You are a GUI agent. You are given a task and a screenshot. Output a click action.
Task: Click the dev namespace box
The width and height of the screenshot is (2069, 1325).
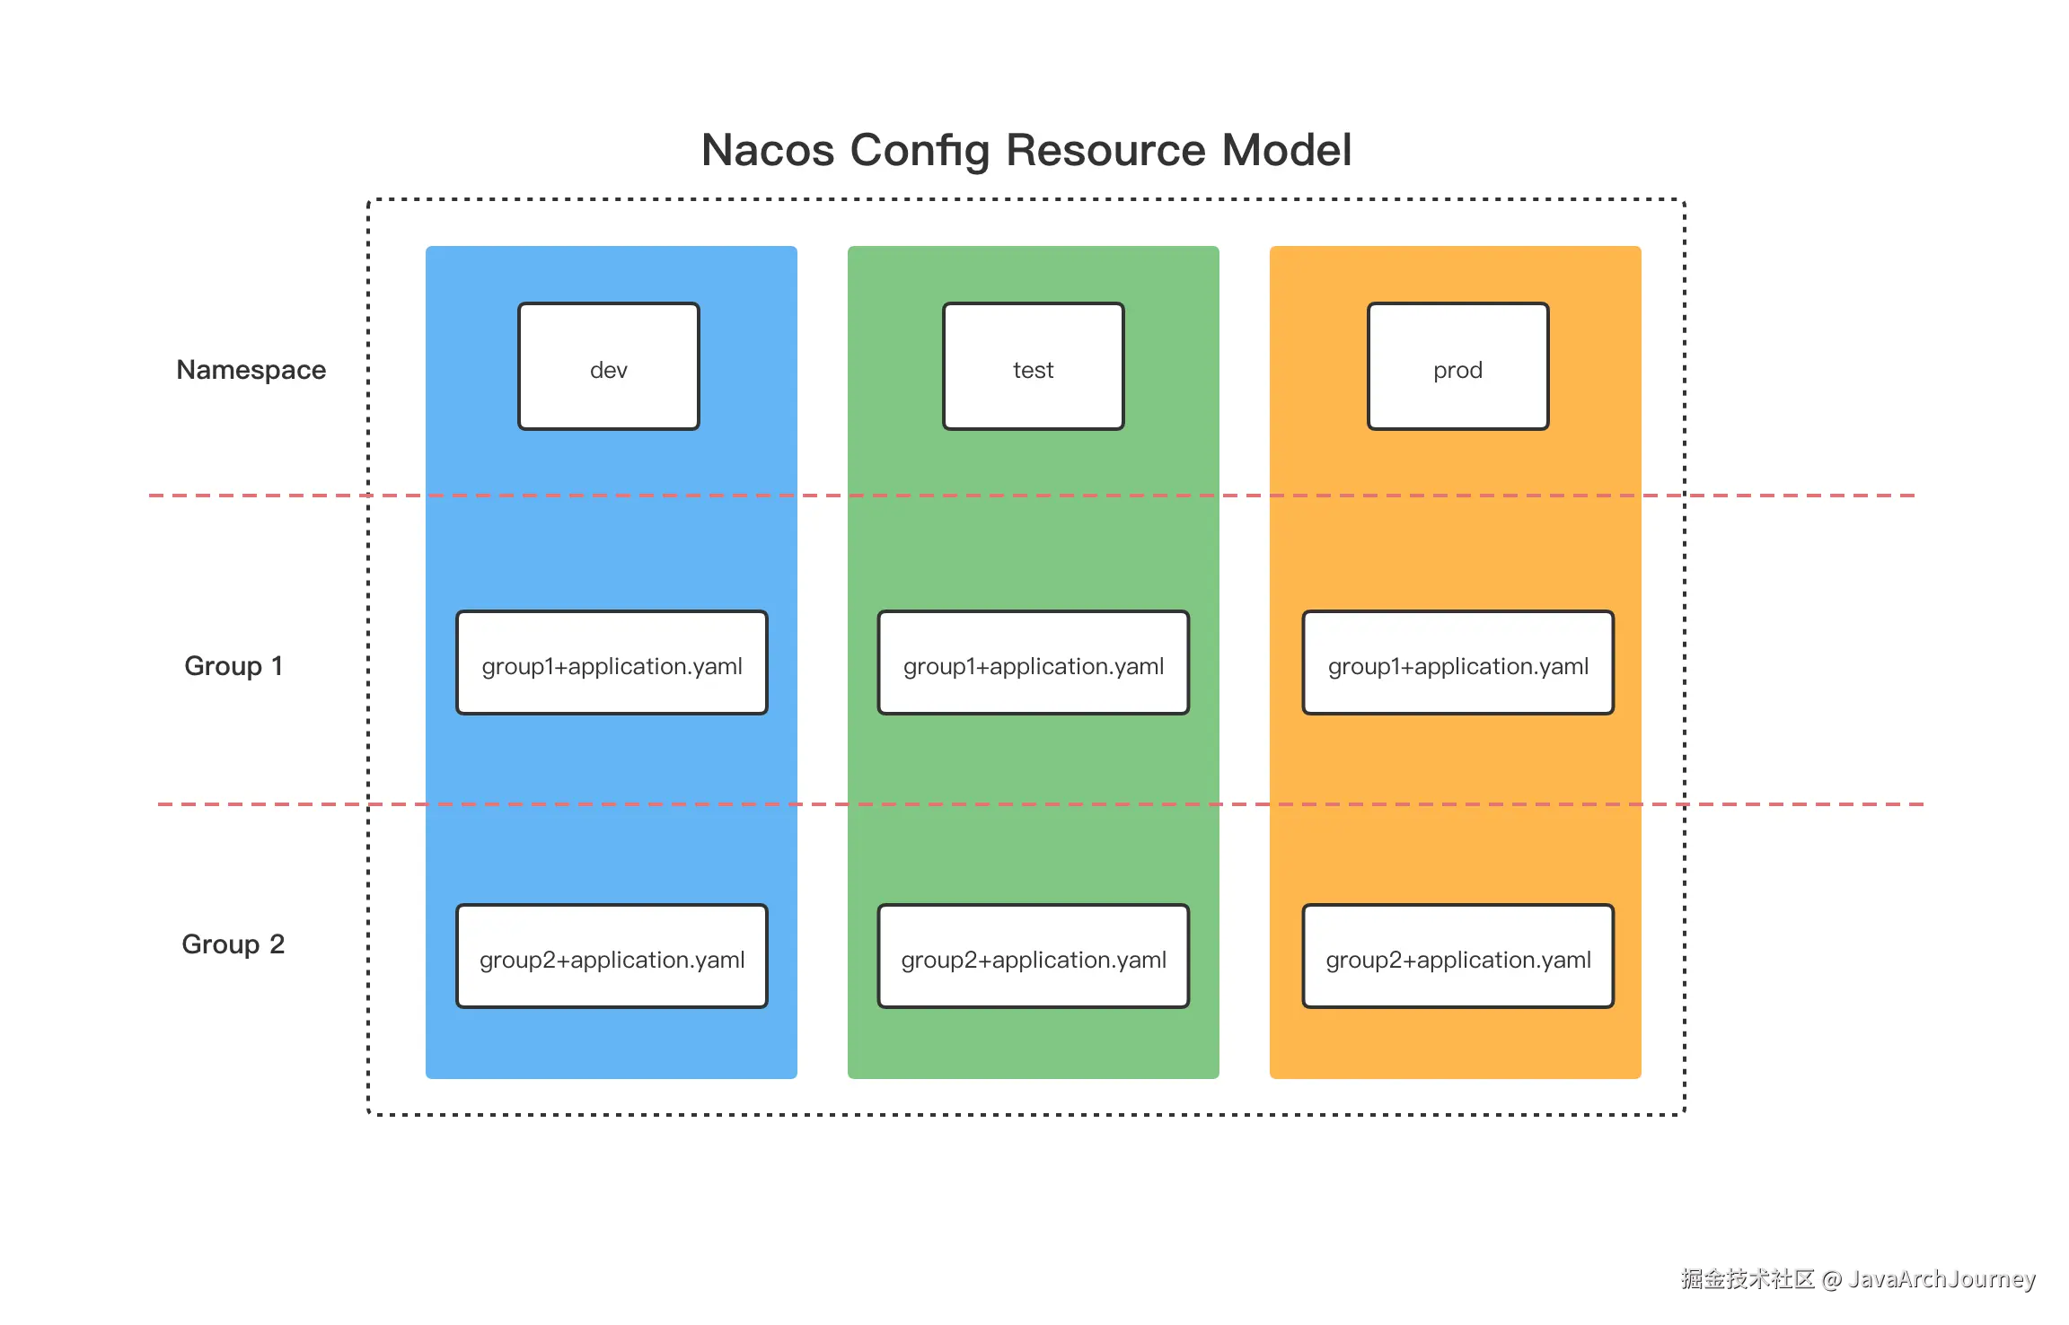(x=609, y=366)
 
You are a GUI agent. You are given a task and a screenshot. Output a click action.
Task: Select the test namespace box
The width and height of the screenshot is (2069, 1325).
(x=1034, y=366)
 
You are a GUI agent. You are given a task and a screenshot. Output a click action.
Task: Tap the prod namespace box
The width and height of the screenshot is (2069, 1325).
(x=1458, y=366)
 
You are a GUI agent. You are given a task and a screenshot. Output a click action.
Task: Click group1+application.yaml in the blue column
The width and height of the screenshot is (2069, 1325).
(x=612, y=662)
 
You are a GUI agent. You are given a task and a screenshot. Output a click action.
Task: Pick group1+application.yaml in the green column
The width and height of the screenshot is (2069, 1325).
(x=1034, y=662)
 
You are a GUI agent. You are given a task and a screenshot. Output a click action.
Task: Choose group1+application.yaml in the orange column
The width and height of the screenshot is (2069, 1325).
(x=1458, y=662)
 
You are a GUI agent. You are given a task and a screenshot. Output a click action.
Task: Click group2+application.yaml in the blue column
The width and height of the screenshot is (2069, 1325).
(x=612, y=956)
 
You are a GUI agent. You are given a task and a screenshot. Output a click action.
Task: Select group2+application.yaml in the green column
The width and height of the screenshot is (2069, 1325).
(x=1034, y=956)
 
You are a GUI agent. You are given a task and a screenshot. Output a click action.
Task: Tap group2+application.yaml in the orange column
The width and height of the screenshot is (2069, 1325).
(x=1458, y=956)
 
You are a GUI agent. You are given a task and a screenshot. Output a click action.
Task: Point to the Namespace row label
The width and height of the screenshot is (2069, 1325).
(x=251, y=371)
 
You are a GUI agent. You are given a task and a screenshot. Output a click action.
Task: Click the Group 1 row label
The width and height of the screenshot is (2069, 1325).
(x=233, y=666)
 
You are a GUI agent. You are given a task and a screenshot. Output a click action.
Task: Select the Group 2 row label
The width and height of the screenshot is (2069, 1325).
(x=233, y=944)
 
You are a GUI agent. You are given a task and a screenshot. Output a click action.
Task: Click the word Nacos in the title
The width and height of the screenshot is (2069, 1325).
(x=768, y=150)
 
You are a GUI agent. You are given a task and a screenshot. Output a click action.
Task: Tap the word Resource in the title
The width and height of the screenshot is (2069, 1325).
(x=1105, y=150)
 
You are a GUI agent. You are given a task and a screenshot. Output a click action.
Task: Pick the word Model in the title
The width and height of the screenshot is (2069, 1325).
(x=1287, y=150)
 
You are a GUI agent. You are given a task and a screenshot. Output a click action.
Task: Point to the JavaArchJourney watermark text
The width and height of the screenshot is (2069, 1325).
(x=1941, y=1279)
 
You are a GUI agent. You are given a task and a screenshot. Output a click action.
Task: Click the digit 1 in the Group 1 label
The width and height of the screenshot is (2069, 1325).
(x=277, y=666)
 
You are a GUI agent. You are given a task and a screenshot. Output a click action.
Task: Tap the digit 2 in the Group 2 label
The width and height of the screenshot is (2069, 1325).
(x=277, y=944)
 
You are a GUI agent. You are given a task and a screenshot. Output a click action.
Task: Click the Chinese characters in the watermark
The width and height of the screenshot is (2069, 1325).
(x=1748, y=1279)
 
